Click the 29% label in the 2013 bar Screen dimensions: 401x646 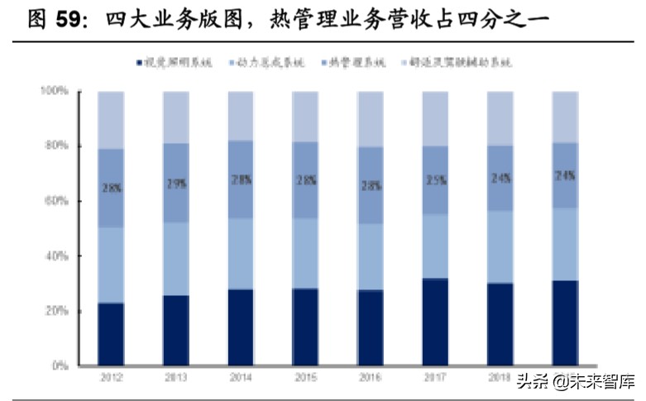point(175,184)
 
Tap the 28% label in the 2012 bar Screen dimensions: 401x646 point(111,188)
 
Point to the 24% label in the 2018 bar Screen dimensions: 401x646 point(500,177)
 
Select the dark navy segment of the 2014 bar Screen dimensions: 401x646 point(240,327)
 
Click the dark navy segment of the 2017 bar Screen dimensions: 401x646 point(435,322)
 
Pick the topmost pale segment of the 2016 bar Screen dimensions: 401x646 point(370,119)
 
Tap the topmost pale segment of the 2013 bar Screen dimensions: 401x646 point(175,117)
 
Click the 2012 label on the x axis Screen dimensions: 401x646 point(111,377)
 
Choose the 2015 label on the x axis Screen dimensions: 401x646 point(305,377)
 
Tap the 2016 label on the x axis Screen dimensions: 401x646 point(370,377)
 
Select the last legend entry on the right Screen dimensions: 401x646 point(459,62)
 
